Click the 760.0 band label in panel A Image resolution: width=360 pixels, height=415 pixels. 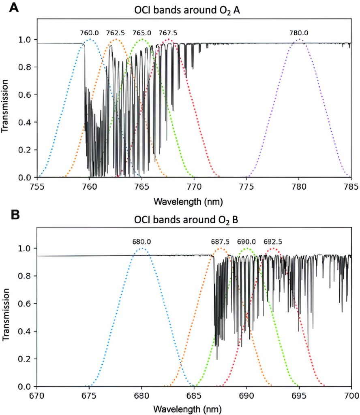89,33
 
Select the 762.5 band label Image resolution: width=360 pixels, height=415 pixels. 116,33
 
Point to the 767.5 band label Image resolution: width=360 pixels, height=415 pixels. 168,33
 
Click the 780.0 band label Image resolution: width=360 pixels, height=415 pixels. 299,33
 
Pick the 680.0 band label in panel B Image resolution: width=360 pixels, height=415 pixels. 141,242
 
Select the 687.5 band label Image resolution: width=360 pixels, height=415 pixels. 220,242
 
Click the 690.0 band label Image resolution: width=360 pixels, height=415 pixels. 246,242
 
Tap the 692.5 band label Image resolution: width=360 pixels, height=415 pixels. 273,242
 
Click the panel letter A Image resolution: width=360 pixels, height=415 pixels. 14,8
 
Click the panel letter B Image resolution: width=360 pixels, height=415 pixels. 15,215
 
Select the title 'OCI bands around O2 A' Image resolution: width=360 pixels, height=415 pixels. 194,11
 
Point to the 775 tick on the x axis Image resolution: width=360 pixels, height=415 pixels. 246,187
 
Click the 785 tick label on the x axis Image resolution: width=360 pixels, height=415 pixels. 351,187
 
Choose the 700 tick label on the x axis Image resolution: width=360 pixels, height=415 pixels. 351,396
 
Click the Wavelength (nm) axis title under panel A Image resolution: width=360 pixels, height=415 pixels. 194,201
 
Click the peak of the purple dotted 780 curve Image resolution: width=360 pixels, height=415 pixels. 299,40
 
